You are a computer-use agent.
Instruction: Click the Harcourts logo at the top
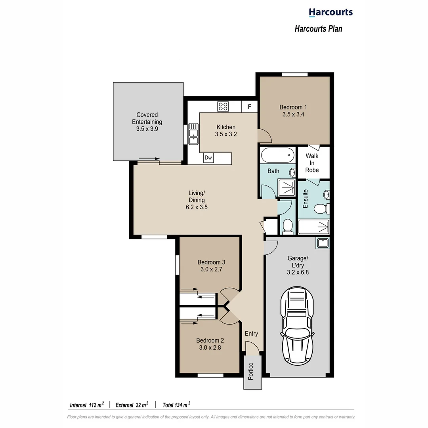(331, 12)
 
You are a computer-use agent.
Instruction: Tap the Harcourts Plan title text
(318, 29)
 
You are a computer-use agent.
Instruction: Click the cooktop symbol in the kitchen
(223, 106)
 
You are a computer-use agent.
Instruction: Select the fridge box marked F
(249, 107)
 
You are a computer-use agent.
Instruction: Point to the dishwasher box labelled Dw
(208, 158)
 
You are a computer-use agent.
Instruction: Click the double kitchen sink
(193, 134)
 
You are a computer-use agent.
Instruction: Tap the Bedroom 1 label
(293, 107)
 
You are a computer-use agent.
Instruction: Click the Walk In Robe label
(312, 163)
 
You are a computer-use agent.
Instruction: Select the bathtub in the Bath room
(278, 155)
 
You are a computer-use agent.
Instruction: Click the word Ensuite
(306, 199)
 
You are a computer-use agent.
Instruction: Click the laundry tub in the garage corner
(322, 243)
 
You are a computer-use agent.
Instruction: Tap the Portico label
(250, 372)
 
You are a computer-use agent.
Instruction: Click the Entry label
(251, 333)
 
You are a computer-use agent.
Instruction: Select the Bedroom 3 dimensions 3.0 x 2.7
(212, 269)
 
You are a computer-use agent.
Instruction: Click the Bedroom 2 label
(210, 340)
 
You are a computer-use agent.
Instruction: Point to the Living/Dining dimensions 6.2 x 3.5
(197, 207)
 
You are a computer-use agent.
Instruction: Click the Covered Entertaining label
(147, 118)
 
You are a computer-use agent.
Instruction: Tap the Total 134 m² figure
(176, 405)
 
